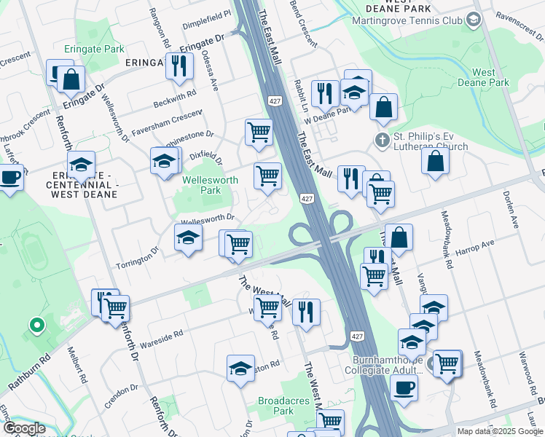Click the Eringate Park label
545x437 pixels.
pyautogui.click(x=103, y=49)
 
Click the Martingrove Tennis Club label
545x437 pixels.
pyautogui.click(x=407, y=20)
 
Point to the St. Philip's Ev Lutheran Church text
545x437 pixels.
pyautogui.click(x=431, y=141)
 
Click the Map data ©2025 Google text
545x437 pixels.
pyautogui.click(x=500, y=431)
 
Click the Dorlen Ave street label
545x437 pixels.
pyautogui.click(x=511, y=210)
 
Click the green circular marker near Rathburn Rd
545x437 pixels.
pyautogui.click(x=34, y=325)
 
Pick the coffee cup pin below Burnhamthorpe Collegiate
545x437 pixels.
pyautogui.click(x=403, y=387)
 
